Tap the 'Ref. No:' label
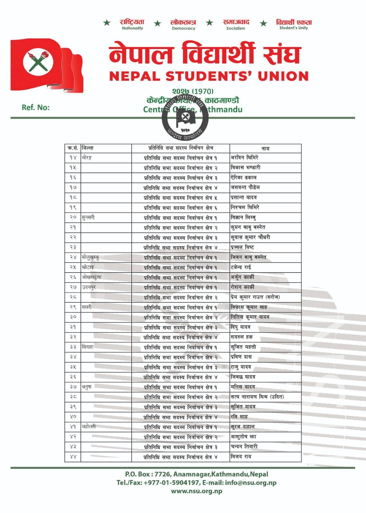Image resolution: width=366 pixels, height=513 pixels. (x=36, y=107)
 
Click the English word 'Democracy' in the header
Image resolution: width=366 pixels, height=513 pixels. (x=183, y=28)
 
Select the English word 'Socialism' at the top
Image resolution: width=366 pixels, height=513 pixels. (x=235, y=28)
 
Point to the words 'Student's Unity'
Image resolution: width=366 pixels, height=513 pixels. (x=293, y=28)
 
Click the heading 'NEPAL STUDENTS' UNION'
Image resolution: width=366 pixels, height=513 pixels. (x=209, y=76)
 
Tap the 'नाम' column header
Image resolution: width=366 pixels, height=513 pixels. (x=265, y=148)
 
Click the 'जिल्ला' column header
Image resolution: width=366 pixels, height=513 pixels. (x=88, y=148)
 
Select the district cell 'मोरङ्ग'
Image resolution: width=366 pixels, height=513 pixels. (x=87, y=158)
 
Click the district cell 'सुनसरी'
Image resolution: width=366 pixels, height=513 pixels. (x=88, y=217)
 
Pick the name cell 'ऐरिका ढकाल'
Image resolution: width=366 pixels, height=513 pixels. (x=244, y=178)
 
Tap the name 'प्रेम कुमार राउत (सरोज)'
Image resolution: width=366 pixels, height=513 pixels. (x=255, y=297)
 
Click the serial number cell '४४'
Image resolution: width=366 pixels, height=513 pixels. (x=73, y=457)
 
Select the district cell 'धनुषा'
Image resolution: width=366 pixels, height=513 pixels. (x=87, y=387)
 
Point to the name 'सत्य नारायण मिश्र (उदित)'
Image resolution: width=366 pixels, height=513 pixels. (x=257, y=397)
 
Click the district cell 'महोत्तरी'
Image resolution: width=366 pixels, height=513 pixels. (x=89, y=427)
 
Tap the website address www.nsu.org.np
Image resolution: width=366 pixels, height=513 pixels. (x=196, y=491)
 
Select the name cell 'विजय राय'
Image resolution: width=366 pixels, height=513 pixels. (x=241, y=457)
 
